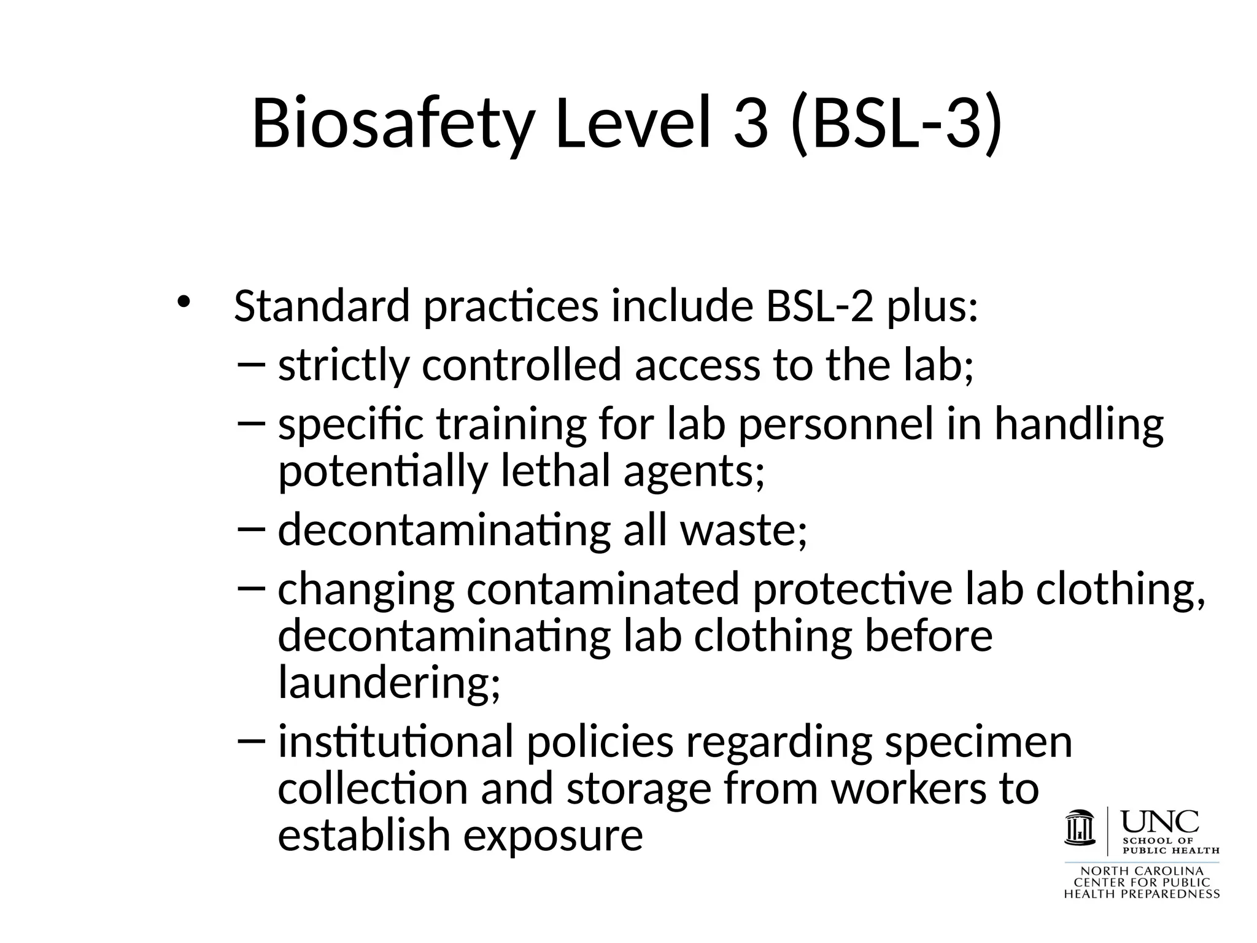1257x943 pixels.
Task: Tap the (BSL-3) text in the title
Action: (x=897, y=123)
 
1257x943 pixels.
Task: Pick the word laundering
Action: (x=389, y=683)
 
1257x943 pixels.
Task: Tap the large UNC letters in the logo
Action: (x=1159, y=821)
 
